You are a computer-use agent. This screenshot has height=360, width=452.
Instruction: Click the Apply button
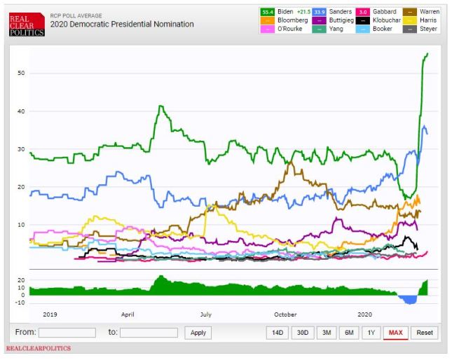(198, 333)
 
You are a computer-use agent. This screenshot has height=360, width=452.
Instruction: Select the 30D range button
(302, 333)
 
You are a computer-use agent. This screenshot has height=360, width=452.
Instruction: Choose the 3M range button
(326, 333)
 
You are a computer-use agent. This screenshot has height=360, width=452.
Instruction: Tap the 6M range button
(348, 333)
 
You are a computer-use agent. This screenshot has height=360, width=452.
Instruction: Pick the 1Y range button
(371, 333)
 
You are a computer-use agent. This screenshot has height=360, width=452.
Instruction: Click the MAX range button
(396, 333)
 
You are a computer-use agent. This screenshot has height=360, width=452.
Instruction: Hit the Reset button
(425, 333)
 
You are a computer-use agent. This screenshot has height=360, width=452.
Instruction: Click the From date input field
(67, 333)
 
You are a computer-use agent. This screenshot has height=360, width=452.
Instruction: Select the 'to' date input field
(149, 333)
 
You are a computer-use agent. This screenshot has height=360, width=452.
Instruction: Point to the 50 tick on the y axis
(21, 73)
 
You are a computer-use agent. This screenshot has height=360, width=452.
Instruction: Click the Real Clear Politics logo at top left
(26, 25)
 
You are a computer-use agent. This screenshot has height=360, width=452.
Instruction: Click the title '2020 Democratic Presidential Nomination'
(122, 25)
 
